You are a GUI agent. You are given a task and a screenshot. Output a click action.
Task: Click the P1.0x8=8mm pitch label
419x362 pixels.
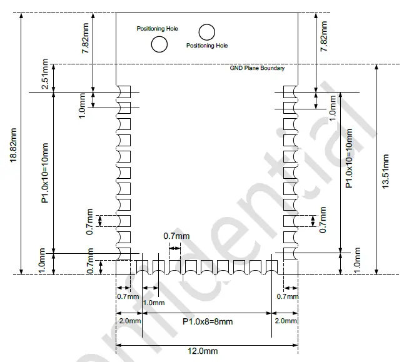click(207, 321)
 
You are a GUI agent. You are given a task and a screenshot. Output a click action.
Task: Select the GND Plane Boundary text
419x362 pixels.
click(257, 68)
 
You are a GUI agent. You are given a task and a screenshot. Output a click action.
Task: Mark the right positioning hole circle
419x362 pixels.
click(206, 31)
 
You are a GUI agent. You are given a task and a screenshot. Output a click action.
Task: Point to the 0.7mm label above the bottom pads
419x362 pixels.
click(176, 236)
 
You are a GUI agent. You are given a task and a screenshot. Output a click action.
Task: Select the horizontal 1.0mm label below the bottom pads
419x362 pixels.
click(154, 303)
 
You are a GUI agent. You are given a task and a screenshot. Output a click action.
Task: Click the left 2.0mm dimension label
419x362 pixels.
click(129, 321)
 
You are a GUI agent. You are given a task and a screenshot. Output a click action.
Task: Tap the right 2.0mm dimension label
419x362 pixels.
click(285, 321)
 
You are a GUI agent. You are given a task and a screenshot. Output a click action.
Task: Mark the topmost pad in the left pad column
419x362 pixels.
click(123, 92)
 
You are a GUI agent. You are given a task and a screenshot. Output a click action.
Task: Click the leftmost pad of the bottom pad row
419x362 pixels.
click(143, 266)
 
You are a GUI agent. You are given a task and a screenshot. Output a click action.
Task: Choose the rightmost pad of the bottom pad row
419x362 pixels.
click(271, 266)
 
